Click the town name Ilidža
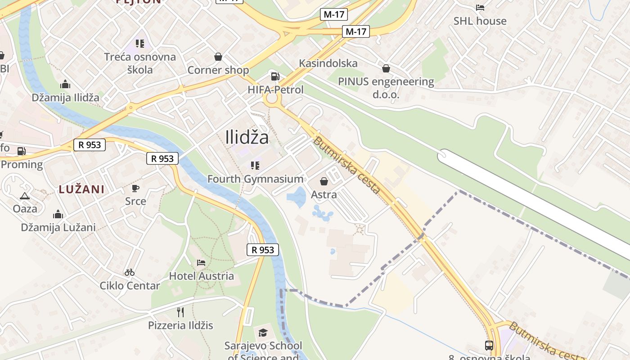click(x=247, y=137)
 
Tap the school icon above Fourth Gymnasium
click(x=255, y=166)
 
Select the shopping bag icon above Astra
click(x=324, y=181)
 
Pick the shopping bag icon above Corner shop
click(x=218, y=57)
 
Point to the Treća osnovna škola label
click(x=140, y=63)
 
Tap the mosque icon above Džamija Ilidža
click(x=65, y=84)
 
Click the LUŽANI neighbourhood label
click(x=81, y=189)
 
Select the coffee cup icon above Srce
click(x=135, y=188)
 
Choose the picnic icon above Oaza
click(x=24, y=196)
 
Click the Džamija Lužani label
click(x=58, y=227)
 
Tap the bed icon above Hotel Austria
click(x=201, y=262)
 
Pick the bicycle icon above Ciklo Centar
click(x=130, y=272)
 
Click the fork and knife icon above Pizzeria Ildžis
click(x=180, y=312)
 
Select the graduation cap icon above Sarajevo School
click(x=263, y=333)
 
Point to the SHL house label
click(x=480, y=21)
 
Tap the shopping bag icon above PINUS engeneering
click(x=386, y=68)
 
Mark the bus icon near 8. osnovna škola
click(x=489, y=346)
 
